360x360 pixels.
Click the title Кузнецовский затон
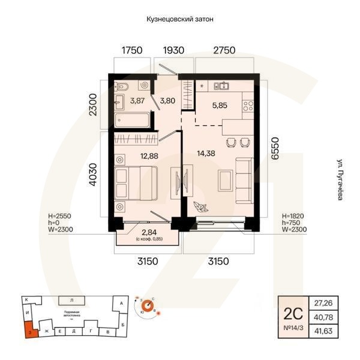point(180,19)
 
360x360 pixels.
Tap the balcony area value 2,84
point(147,233)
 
